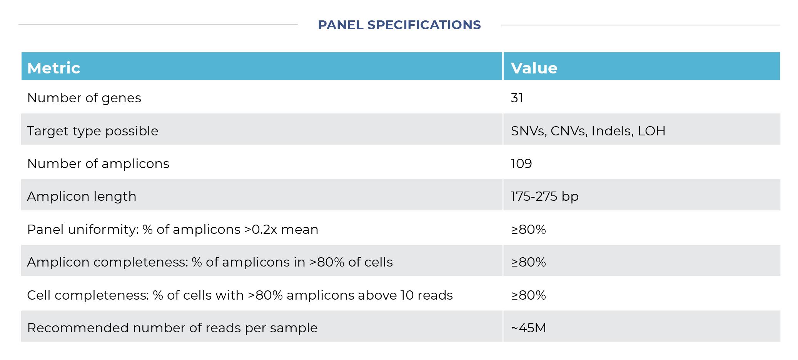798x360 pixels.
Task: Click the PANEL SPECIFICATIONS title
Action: (x=399, y=25)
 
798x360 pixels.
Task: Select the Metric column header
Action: (x=54, y=68)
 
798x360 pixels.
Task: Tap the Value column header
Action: (x=534, y=68)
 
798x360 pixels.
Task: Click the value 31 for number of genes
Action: (x=517, y=98)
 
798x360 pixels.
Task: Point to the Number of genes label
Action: (x=84, y=98)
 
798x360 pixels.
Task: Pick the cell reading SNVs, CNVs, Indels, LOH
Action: (x=588, y=131)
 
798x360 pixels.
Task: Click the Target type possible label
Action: (x=93, y=131)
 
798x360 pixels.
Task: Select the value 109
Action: (x=521, y=164)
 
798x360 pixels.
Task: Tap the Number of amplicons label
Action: (x=98, y=164)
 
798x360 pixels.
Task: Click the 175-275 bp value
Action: (x=544, y=197)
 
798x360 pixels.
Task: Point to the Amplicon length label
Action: (x=82, y=197)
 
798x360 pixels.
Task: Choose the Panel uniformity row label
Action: (x=173, y=230)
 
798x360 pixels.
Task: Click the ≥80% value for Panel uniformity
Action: (x=528, y=230)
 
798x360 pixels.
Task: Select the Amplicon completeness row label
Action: (x=210, y=262)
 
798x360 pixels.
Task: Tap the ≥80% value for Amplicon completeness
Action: (x=528, y=262)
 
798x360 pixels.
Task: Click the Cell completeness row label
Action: (x=240, y=295)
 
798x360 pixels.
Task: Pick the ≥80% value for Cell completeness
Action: (x=528, y=295)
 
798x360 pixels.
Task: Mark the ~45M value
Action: (x=528, y=328)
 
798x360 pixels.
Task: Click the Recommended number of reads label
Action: (x=172, y=328)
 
